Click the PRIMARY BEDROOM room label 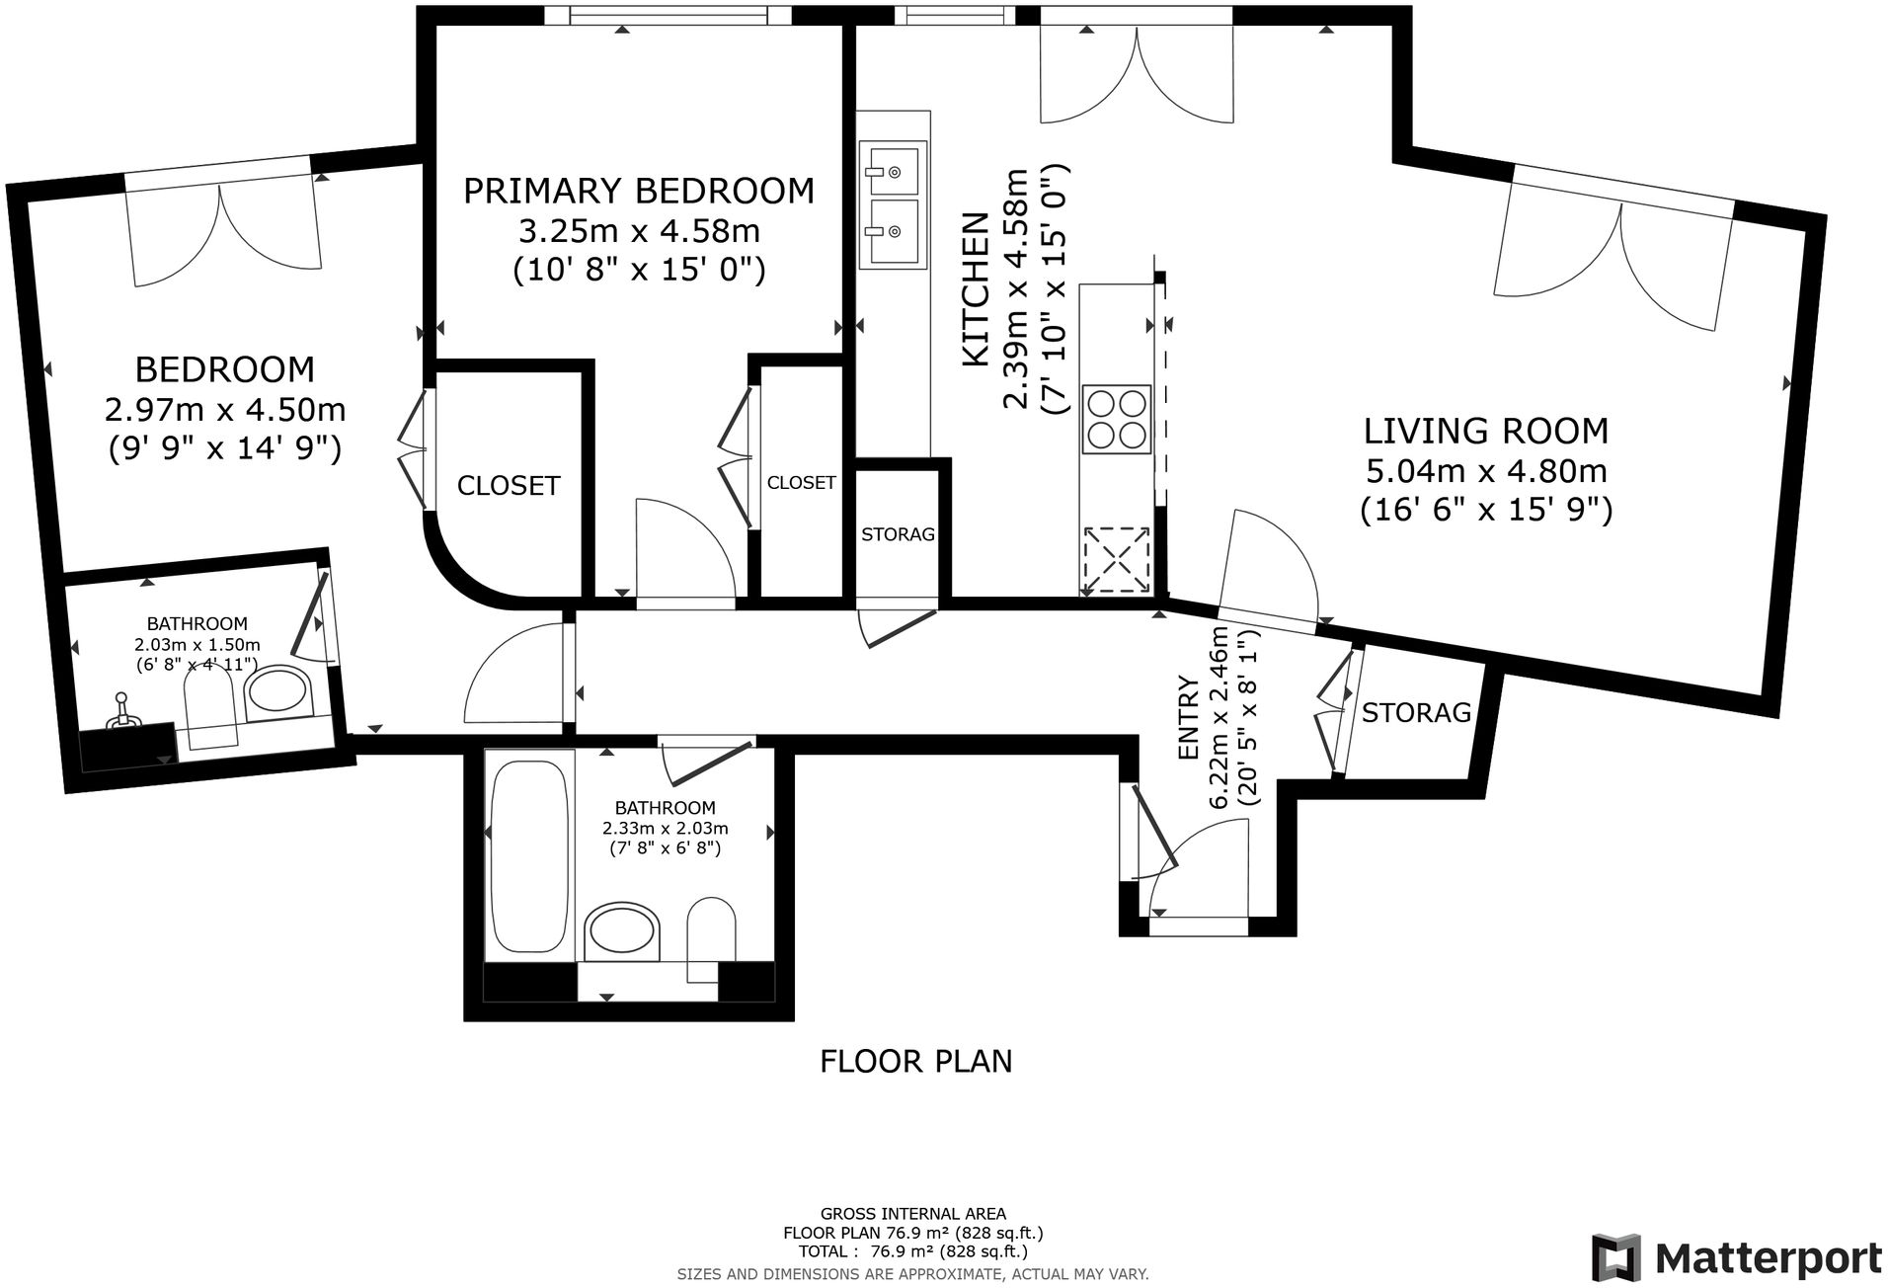click(639, 190)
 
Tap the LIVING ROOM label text click(1486, 431)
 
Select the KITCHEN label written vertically click(976, 289)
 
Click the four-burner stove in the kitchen click(1117, 418)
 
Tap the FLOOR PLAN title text click(916, 1061)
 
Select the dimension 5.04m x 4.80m click(1486, 470)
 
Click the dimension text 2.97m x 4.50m click(225, 409)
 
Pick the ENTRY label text click(1190, 718)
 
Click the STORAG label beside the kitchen click(898, 534)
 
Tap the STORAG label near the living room click(1416, 712)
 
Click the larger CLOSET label click(509, 485)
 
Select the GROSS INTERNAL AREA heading click(913, 1214)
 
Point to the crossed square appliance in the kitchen click(1118, 560)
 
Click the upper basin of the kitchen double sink click(894, 170)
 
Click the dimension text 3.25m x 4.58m click(639, 231)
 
